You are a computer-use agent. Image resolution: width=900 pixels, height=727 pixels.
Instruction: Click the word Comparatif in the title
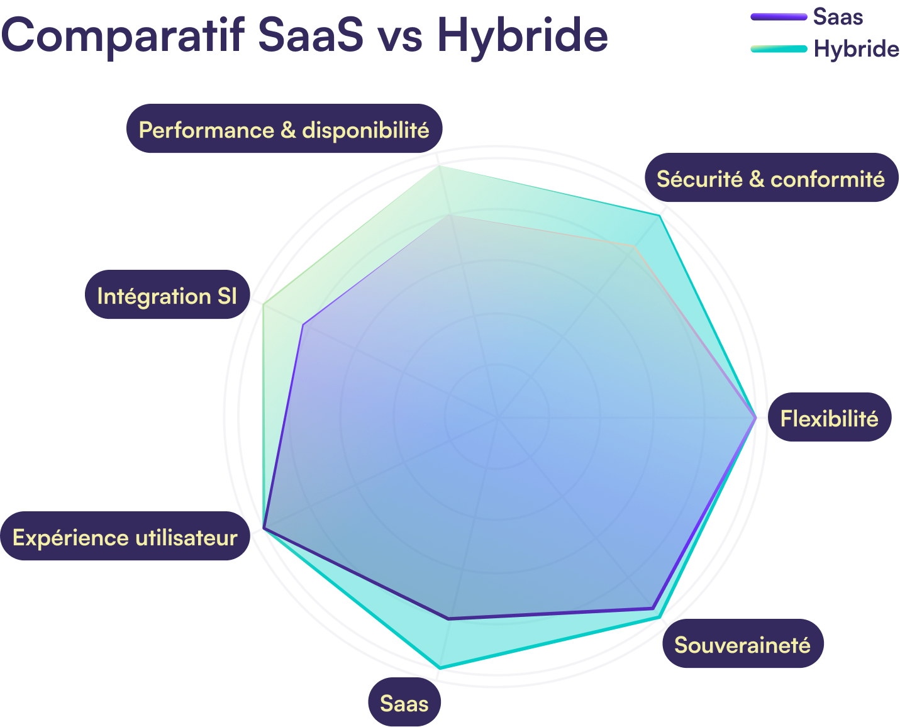tap(123, 35)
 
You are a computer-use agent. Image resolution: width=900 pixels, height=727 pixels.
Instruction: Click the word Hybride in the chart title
tap(522, 35)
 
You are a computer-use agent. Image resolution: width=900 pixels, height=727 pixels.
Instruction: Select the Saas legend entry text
tap(837, 17)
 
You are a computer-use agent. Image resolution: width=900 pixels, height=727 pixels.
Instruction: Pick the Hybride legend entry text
tap(856, 48)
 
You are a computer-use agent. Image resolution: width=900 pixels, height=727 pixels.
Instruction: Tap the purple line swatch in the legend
tap(779, 17)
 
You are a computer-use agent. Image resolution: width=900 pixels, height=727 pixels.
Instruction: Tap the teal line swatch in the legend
tap(779, 48)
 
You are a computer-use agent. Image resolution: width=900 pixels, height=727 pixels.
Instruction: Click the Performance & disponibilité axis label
tap(284, 130)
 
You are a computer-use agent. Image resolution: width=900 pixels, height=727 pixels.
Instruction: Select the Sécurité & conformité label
tap(770, 179)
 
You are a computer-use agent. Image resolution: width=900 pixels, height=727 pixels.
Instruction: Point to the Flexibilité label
tap(829, 418)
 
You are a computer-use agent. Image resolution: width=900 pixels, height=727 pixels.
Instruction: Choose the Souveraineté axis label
tap(742, 645)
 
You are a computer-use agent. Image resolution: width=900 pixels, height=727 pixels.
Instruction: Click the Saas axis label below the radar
tap(404, 703)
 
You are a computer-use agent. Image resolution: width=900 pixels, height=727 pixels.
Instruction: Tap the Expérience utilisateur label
tap(125, 538)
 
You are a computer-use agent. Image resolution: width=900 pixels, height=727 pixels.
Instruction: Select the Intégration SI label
tap(167, 296)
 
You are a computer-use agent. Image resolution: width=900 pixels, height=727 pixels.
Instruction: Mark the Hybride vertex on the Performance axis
tap(440, 165)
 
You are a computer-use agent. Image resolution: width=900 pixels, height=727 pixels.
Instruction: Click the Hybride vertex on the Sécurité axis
tap(660, 214)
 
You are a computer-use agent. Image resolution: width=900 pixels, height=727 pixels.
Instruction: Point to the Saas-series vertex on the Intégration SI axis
tap(303, 325)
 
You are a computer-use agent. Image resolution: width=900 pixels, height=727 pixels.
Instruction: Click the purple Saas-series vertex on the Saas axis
tap(449, 619)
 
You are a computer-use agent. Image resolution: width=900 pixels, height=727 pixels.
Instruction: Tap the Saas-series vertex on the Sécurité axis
tap(635, 247)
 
